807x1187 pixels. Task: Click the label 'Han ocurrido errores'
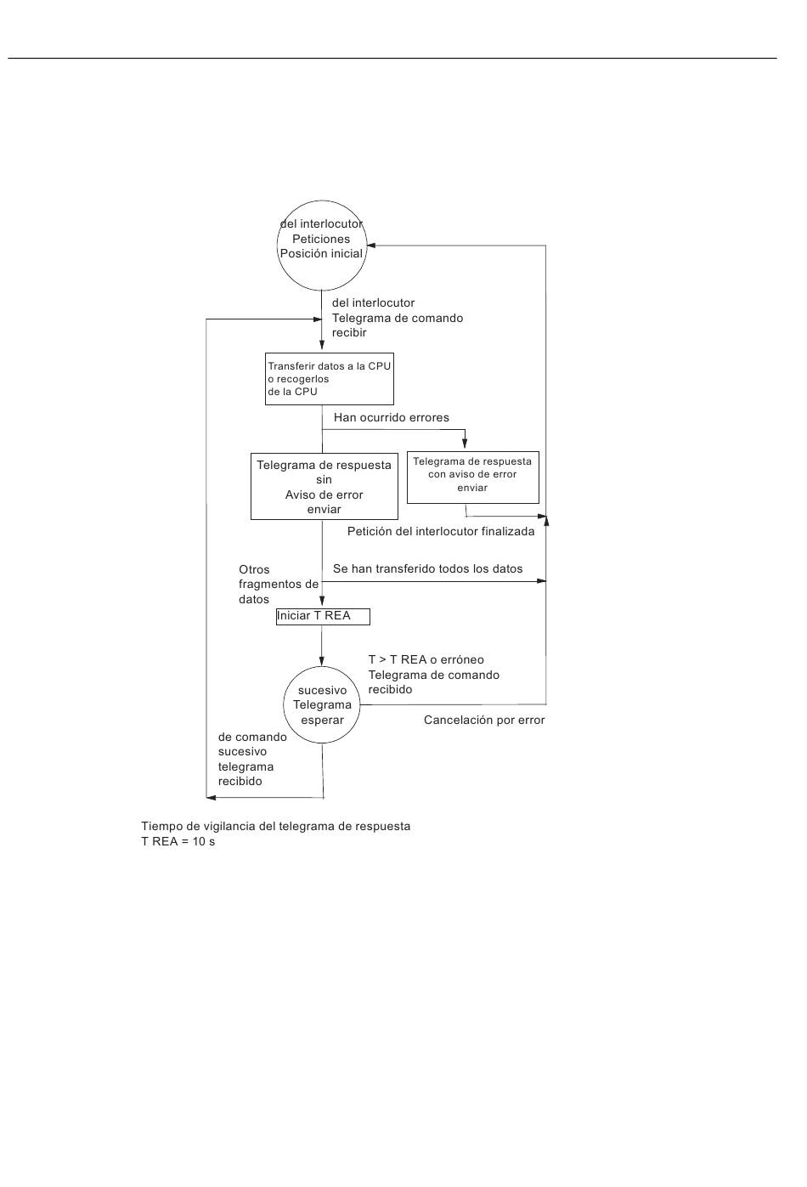tap(391, 417)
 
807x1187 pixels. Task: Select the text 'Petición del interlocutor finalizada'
tap(441, 532)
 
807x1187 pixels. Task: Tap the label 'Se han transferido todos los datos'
tap(427, 568)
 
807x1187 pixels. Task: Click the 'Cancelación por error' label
tap(484, 721)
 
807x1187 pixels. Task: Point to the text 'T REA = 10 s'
tap(178, 841)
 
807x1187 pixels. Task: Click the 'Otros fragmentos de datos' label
tap(278, 584)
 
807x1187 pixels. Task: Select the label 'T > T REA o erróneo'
tap(426, 659)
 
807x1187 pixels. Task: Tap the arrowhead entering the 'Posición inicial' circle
tap(371, 246)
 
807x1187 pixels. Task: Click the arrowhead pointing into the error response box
tap(465, 444)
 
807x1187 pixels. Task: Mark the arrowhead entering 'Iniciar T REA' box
tap(322, 601)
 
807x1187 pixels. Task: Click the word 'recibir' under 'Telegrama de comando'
tap(349, 333)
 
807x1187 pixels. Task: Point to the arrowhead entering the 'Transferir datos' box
tap(322, 344)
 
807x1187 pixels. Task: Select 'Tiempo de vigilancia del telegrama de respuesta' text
tap(275, 826)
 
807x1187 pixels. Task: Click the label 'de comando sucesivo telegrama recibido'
tap(252, 759)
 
